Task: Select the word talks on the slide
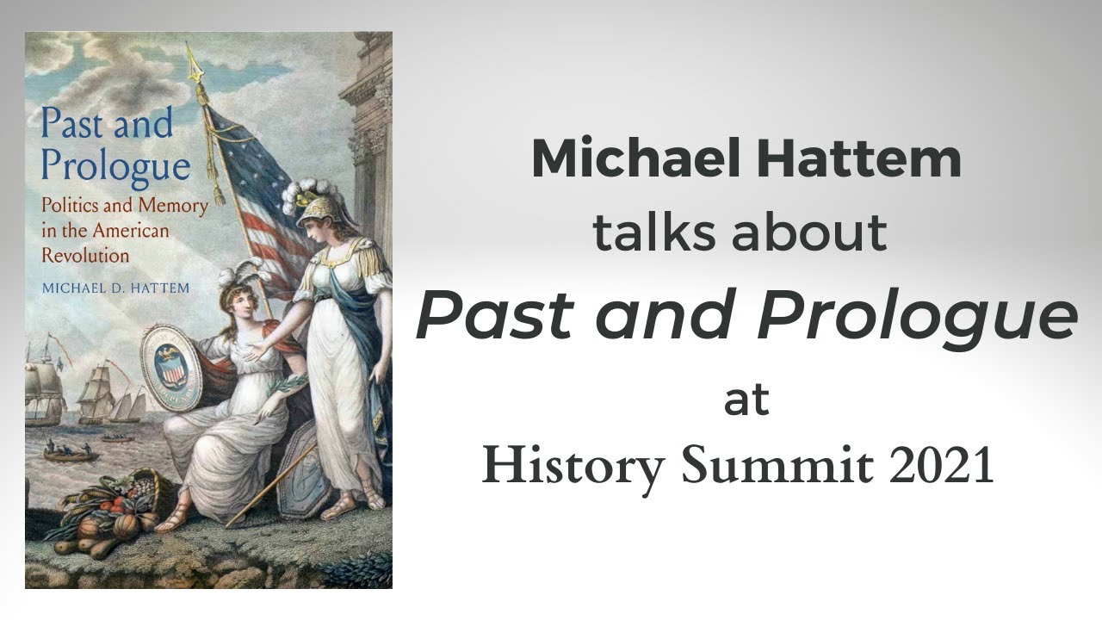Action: tap(654, 232)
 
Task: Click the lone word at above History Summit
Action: tap(746, 400)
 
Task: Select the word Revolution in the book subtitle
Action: tap(85, 256)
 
